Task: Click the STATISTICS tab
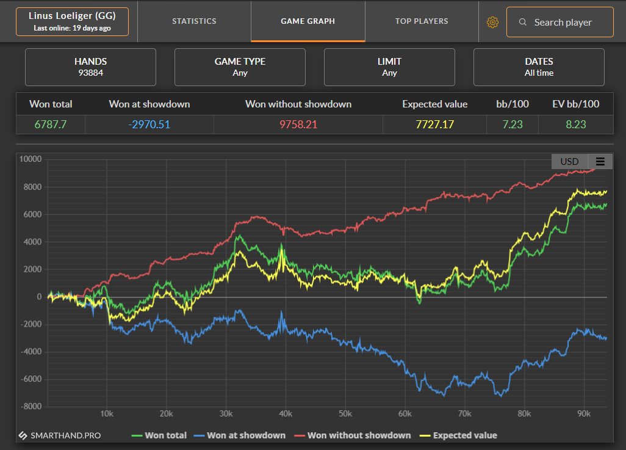[x=194, y=21]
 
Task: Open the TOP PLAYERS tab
[x=422, y=21]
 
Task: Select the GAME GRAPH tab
[x=308, y=21]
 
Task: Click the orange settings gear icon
[x=492, y=23]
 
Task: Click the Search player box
[x=559, y=22]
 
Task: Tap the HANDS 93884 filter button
[x=91, y=67]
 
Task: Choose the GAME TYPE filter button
[x=240, y=67]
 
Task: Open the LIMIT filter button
[x=389, y=67]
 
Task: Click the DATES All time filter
[x=539, y=67]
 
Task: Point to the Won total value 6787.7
[x=50, y=125]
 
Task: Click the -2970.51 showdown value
[x=149, y=125]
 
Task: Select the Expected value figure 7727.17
[x=435, y=125]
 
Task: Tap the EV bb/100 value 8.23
[x=576, y=125]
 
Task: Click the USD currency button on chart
[x=569, y=161]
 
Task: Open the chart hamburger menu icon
[x=600, y=161]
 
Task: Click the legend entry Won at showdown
[x=240, y=435]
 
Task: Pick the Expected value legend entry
[x=458, y=435]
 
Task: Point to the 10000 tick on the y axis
[x=31, y=159]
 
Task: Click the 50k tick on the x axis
[x=345, y=413]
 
